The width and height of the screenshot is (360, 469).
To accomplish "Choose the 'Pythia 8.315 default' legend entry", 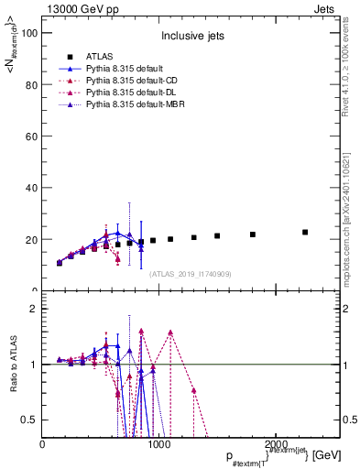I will [118, 69].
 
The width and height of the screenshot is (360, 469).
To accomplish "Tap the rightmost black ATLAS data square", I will [305, 233].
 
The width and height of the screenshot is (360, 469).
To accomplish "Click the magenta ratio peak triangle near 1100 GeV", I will [170, 333].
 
